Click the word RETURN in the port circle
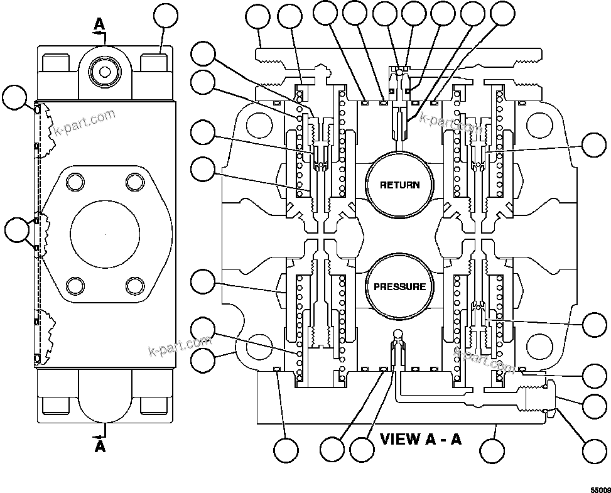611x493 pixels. pos(399,185)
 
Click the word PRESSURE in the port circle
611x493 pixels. pos(399,287)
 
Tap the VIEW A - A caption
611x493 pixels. pos(420,438)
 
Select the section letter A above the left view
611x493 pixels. pos(99,24)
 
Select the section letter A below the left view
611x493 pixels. pos(99,447)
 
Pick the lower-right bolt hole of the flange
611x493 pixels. pos(134,286)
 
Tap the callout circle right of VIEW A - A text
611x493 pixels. pos(492,450)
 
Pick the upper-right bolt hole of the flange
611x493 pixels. pos(134,182)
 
